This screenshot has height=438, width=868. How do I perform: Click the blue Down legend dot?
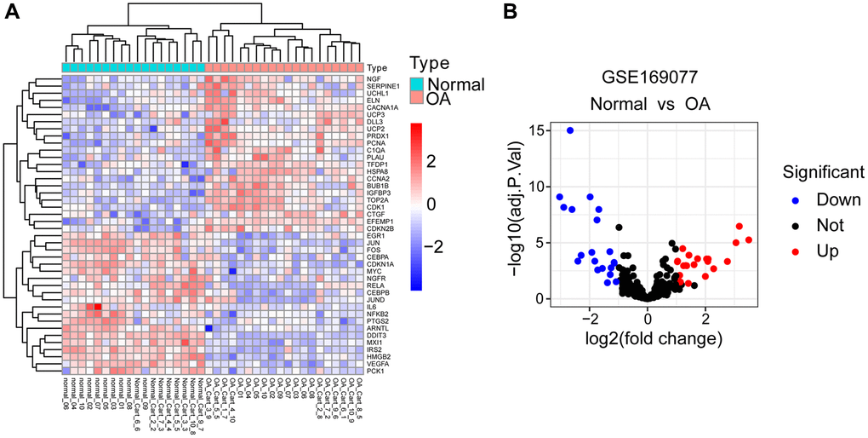794,200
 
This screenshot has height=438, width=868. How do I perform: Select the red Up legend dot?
794,251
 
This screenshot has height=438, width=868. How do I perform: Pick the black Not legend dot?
794,226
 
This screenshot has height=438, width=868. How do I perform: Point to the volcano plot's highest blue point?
570,130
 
